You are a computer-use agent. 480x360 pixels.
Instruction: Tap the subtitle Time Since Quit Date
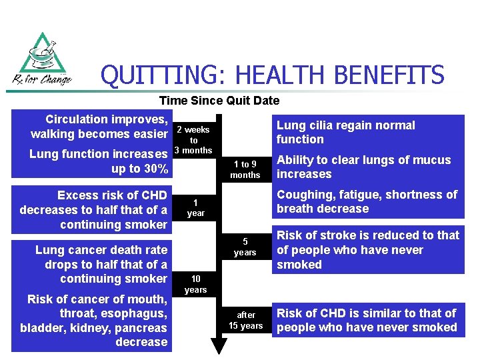219,101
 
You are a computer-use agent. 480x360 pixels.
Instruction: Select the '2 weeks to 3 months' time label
193,140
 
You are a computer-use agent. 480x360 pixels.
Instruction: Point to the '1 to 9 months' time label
245,169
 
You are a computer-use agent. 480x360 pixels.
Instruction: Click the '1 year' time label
195,208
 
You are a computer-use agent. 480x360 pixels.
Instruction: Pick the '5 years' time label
245,247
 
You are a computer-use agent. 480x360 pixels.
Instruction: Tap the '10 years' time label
195,285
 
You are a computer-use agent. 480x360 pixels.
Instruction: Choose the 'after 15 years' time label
245,321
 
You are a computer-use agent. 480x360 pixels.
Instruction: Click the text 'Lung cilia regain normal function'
345,132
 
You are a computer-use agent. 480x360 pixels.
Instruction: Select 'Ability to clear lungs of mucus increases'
363,167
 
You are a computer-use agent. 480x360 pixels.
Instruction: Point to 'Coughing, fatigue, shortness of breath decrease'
367,201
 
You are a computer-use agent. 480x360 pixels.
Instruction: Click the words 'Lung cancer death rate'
101,250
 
